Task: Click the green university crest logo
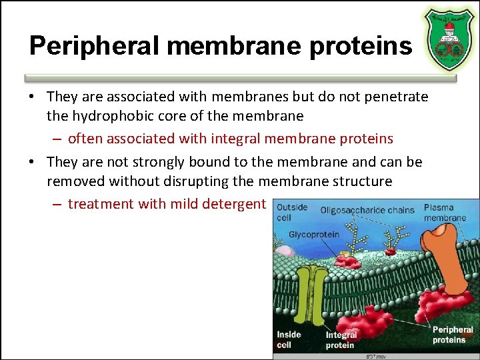pos(449,38)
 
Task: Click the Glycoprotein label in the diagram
pos(313,235)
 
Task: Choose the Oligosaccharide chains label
pos(367,211)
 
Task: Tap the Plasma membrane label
pos(445,213)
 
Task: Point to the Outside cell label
pos(292,212)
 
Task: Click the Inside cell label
pos(289,339)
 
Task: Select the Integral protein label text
pos(341,341)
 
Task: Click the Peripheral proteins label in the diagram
pos(453,335)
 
